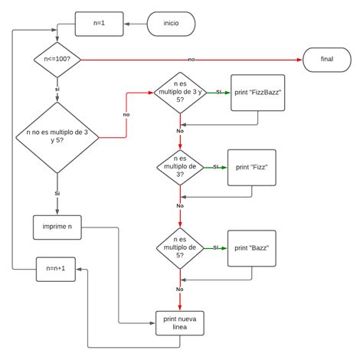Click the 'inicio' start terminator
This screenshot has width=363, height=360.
tap(171, 23)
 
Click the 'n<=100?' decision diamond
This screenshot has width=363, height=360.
tap(57, 58)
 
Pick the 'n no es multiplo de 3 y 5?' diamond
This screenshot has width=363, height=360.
tap(57, 138)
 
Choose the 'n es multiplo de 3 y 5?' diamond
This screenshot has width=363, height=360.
tap(180, 92)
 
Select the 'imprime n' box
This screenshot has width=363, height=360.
tap(57, 227)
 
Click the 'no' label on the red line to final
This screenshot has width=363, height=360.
tap(191, 59)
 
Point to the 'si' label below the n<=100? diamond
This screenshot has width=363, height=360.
tap(57, 90)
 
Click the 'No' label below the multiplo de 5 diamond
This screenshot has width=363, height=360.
tap(180, 289)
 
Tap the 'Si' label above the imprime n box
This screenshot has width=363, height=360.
tap(57, 194)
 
